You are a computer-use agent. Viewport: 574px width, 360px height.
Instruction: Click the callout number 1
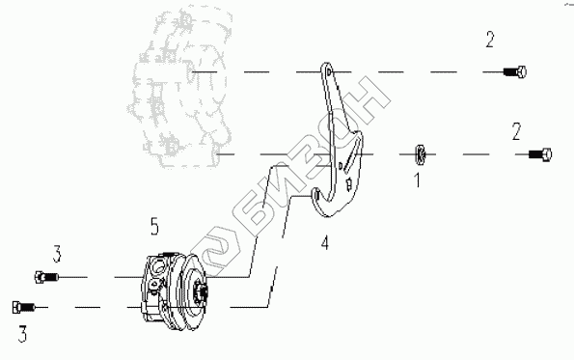tap(417, 180)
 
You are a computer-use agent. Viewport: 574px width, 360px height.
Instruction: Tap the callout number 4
tap(325, 242)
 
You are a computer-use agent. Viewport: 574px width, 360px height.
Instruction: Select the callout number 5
tap(154, 227)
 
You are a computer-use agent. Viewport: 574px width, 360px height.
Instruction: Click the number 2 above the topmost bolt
tap(490, 40)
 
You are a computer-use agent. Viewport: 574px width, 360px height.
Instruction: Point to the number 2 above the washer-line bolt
tap(516, 132)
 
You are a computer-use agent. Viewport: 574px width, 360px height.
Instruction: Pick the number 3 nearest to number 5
tap(57, 254)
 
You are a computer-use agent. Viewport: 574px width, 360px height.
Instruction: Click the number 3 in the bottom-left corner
tap(23, 334)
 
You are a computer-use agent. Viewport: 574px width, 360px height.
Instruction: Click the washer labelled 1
tap(421, 154)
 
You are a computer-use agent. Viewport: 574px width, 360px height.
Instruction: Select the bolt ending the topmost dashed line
tap(515, 71)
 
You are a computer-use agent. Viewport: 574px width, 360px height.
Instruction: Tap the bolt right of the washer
tap(540, 154)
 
